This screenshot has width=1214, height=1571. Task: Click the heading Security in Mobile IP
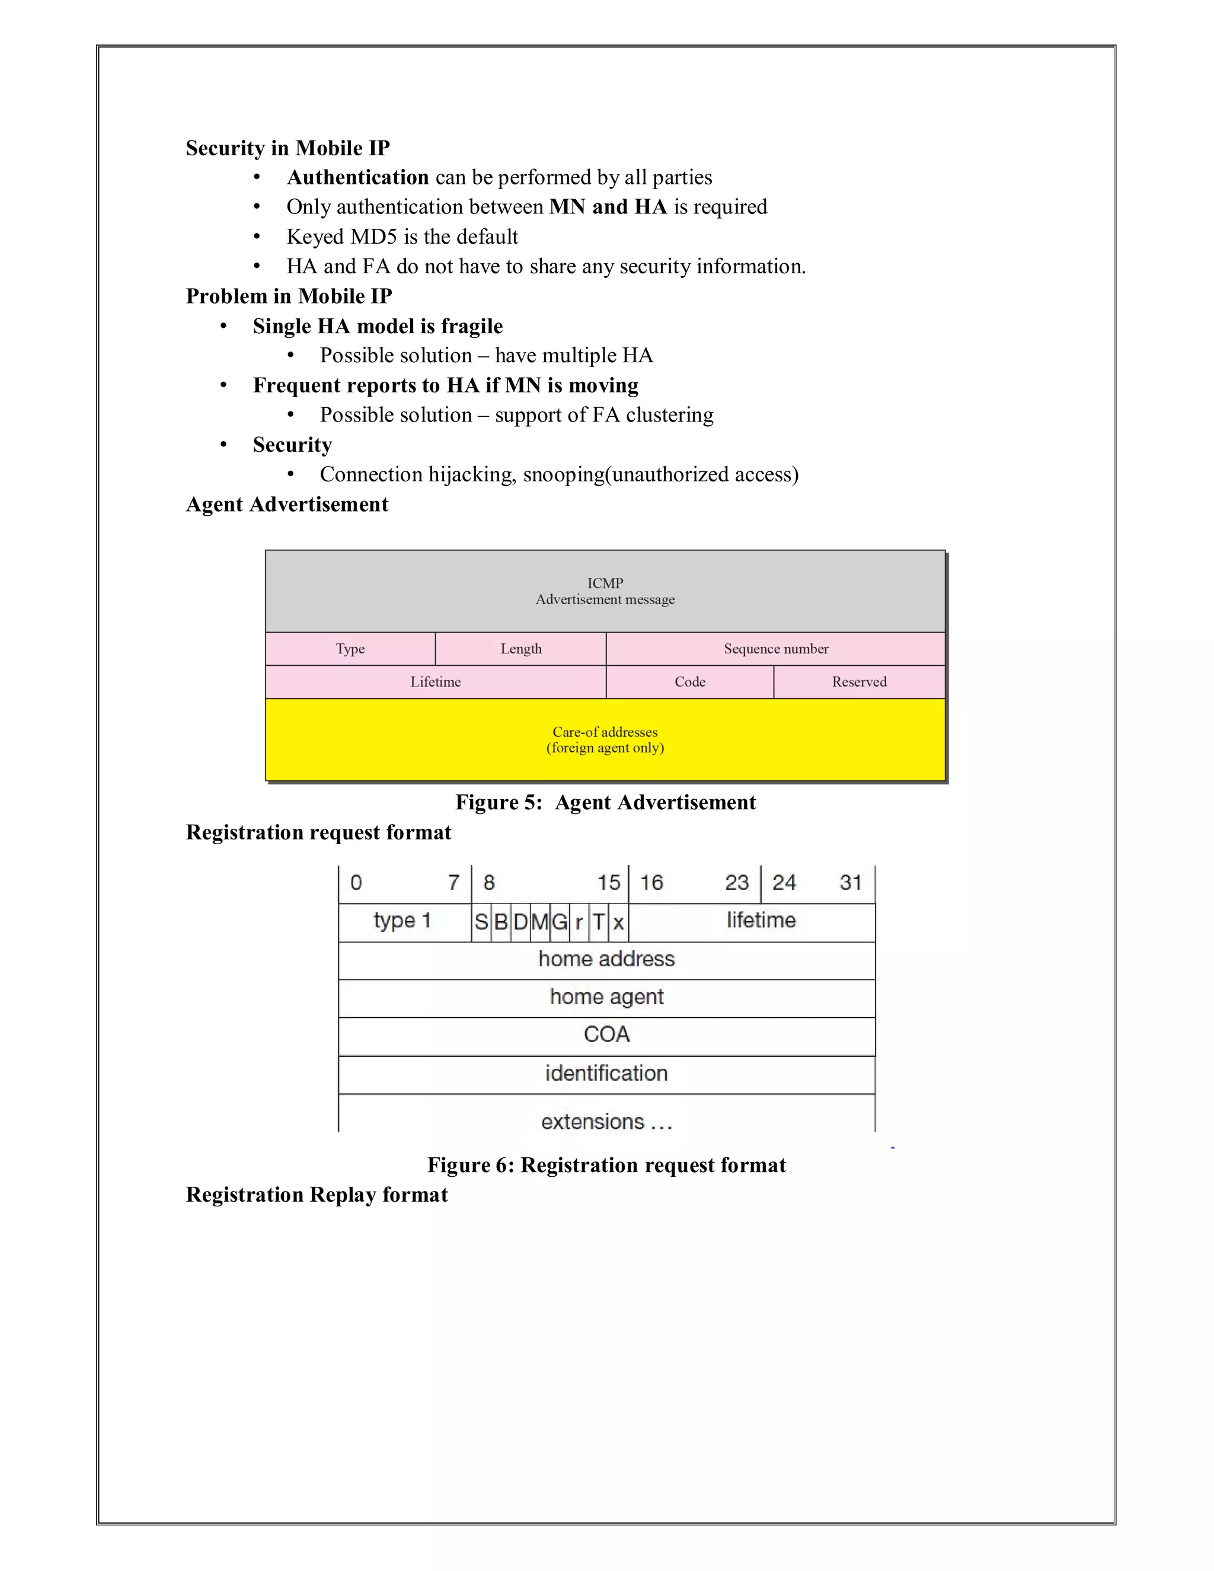pyautogui.click(x=287, y=148)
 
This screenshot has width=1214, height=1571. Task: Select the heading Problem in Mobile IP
pyautogui.click(x=289, y=296)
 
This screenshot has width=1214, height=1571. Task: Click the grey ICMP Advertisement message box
pyautogui.click(x=605, y=591)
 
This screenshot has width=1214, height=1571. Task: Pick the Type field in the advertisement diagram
pyautogui.click(x=350, y=649)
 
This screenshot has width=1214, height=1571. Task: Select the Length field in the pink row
pyautogui.click(x=520, y=649)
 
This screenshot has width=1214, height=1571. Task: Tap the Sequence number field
pyautogui.click(x=775, y=649)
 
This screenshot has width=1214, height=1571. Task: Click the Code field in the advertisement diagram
pyautogui.click(x=690, y=682)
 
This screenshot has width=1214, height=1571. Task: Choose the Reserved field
pyautogui.click(x=859, y=682)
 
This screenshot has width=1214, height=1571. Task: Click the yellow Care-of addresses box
pyautogui.click(x=605, y=739)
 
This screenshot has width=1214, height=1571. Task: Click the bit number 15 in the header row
pyautogui.click(x=608, y=883)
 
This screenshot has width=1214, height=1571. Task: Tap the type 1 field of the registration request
pyautogui.click(x=402, y=921)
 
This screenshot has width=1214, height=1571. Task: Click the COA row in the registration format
pyautogui.click(x=606, y=1034)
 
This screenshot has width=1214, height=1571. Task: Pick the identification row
pyautogui.click(x=606, y=1073)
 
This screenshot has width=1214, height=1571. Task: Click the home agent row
pyautogui.click(x=606, y=997)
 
